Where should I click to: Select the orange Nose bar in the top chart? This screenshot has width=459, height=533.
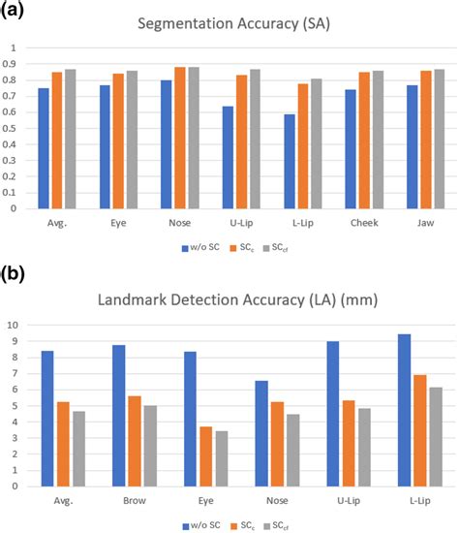pos(179,138)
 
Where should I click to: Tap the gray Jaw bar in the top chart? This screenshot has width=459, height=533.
pos(441,139)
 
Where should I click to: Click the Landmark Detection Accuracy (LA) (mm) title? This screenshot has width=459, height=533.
pos(229,302)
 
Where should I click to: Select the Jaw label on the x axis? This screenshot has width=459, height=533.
pos(424,222)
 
